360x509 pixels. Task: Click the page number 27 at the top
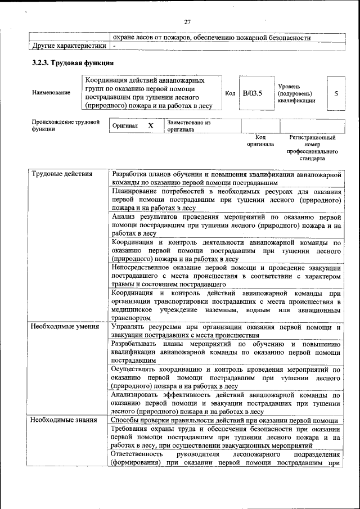(x=187, y=22)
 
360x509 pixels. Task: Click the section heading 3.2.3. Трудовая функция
(x=73, y=62)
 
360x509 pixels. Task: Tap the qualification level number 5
(x=336, y=93)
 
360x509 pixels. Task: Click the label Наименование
(x=51, y=93)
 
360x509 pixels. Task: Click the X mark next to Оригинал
(x=150, y=126)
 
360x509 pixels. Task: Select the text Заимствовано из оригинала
(x=188, y=125)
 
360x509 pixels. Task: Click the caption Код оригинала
(x=260, y=141)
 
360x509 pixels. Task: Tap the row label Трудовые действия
(x=61, y=174)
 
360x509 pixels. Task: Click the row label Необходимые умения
(x=65, y=326)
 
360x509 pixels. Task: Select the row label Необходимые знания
(x=63, y=420)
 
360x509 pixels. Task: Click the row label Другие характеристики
(x=69, y=46)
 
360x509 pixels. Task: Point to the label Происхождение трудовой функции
(x=65, y=125)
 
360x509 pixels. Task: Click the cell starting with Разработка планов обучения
(x=226, y=178)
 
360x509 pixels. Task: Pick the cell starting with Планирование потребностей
(x=226, y=200)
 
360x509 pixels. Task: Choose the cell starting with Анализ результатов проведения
(x=226, y=224)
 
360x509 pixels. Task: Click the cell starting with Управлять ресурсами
(x=226, y=331)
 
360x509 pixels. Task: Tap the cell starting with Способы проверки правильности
(x=224, y=421)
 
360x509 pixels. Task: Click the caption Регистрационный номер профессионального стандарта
(x=312, y=148)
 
